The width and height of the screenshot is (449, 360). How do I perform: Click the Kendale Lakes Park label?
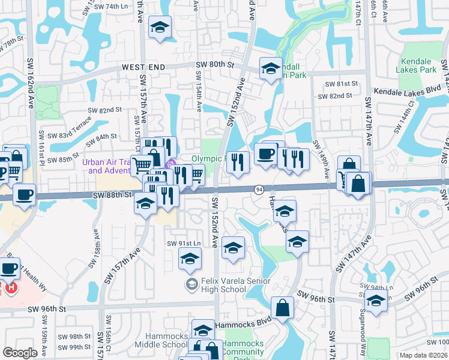pos(417,65)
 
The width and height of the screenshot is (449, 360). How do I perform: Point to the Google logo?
pos(20,352)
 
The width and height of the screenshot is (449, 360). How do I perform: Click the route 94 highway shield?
pos(259,189)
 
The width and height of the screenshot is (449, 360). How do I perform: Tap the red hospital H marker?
pos(10,289)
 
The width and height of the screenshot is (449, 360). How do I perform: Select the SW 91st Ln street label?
pos(182,243)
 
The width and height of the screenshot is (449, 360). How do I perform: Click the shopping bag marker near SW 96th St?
pos(282,308)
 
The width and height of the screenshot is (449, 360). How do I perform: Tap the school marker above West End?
pos(160,27)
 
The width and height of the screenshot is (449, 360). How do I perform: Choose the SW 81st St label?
pos(341,84)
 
